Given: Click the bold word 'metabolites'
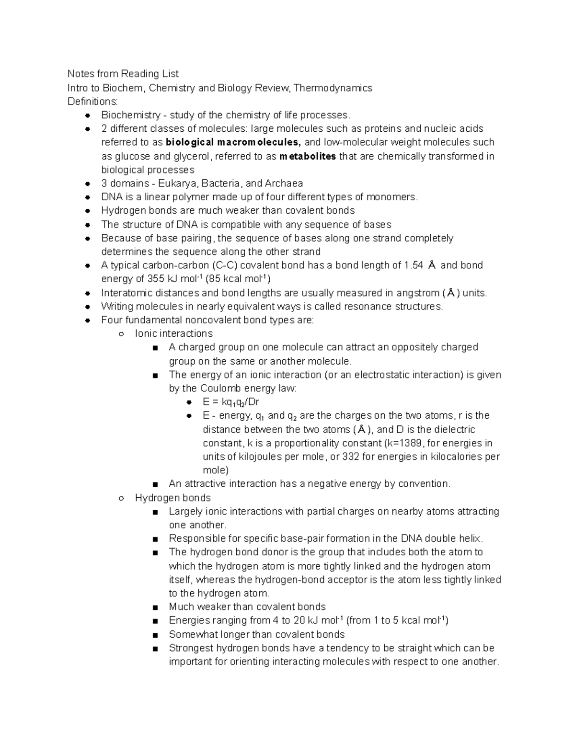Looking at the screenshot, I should (x=307, y=156).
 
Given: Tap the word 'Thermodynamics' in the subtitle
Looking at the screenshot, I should (x=333, y=88).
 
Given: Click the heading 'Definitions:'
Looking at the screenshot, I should (x=92, y=102).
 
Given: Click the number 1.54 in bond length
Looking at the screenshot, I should (x=414, y=265).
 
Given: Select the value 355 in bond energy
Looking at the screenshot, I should (x=155, y=279).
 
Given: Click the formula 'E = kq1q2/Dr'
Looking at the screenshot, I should (x=230, y=402).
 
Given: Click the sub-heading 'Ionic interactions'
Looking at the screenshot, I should (x=173, y=333).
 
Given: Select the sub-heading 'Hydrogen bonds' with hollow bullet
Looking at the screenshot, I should (x=172, y=498).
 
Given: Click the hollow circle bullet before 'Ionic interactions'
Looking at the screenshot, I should (x=121, y=334).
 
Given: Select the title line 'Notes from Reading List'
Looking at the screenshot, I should (x=123, y=74).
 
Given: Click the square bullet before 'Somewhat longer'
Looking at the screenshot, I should (x=155, y=635).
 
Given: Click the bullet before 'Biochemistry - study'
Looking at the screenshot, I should (x=87, y=115).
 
